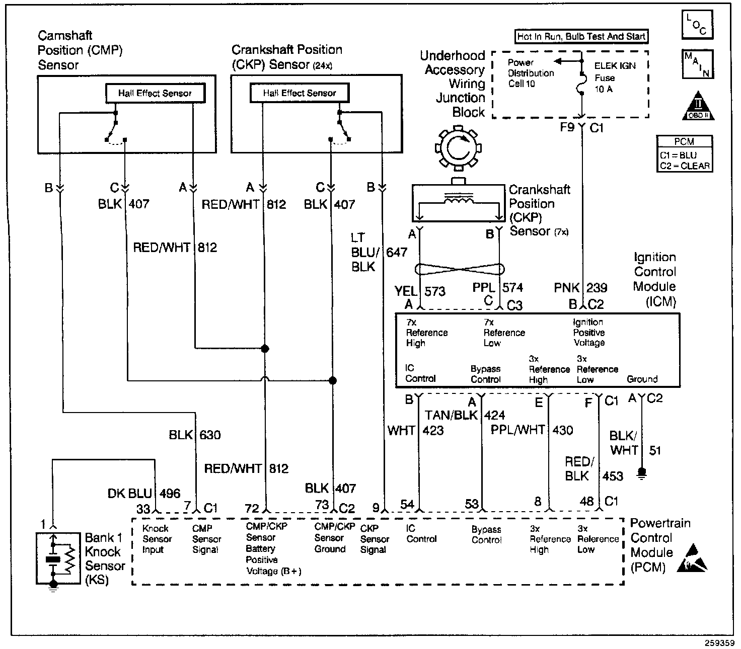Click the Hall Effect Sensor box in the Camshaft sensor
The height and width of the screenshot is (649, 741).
tap(155, 93)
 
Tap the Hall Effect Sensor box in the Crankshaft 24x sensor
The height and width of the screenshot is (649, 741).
tap(300, 93)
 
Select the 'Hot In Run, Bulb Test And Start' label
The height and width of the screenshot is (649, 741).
tap(581, 36)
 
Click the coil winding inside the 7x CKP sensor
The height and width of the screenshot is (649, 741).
tap(458, 200)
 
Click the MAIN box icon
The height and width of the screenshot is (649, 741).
tap(697, 64)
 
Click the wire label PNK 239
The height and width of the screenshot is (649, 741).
tap(580, 288)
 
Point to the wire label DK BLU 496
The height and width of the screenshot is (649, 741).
tap(144, 494)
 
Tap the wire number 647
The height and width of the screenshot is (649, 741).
tap(397, 252)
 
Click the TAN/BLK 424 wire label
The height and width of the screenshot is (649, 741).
tap(465, 416)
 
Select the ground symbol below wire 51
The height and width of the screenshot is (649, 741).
tap(641, 473)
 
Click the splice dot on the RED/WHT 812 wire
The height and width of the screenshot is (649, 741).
tap(264, 348)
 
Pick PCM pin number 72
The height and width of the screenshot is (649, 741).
tap(252, 508)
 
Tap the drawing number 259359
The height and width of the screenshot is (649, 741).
tap(719, 642)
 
